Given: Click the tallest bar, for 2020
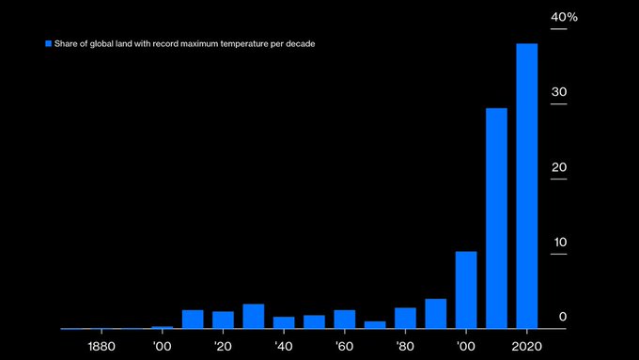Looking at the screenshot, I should pos(526,186).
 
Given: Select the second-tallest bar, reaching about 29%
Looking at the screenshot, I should pos(496,218).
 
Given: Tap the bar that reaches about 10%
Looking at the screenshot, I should pos(466,290).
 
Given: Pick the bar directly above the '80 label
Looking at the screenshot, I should pos(405,318).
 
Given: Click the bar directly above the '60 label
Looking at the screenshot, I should pos(345,319).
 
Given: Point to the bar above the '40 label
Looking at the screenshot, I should pos(284,322).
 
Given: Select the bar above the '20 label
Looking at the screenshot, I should pos(223,320).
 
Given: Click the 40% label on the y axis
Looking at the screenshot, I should pos(564,18).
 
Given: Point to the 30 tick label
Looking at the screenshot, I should pos(559,92).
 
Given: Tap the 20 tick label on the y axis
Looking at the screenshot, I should pos(559,167).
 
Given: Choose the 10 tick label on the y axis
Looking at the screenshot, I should pos(559,243).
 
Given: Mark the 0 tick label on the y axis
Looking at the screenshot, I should pos(563,318).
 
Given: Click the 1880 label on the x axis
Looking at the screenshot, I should pos(102,345).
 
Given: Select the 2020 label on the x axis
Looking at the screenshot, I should pos(527,345).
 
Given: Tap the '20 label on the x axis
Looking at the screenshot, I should pos(223,345).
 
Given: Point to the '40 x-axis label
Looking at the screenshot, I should pos(284,345).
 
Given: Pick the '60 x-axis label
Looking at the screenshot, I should pos(345,345).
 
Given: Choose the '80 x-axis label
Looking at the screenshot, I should pos(405,345).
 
